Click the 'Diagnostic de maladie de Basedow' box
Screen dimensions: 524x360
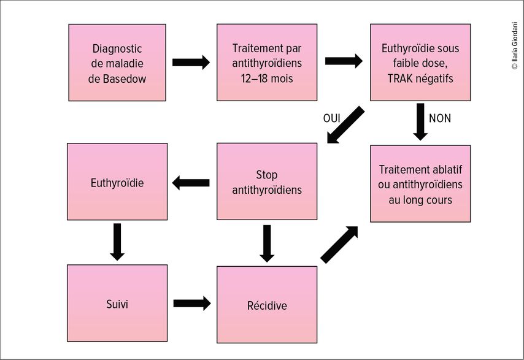(117, 63)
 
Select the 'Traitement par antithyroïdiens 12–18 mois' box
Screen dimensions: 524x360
(267, 63)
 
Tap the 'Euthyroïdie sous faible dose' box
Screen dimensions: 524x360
(420, 63)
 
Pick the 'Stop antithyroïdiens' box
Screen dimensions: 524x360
(267, 182)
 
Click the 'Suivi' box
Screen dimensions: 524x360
(117, 303)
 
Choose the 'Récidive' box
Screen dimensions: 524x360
(267, 305)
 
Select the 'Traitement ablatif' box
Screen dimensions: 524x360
(420, 183)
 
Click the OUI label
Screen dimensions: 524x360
(331, 118)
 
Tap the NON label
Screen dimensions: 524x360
(440, 118)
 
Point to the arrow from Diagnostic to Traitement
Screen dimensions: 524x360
(191, 63)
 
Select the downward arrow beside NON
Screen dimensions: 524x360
(420, 122)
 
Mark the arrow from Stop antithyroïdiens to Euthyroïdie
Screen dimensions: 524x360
(191, 183)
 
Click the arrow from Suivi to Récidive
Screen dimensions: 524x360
(192, 303)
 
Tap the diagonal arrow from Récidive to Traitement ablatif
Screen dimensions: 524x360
(339, 245)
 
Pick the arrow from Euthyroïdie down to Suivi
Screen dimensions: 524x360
(117, 242)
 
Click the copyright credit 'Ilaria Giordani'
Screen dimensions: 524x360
(515, 46)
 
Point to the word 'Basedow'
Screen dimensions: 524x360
(125, 79)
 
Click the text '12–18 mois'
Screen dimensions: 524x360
(267, 79)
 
